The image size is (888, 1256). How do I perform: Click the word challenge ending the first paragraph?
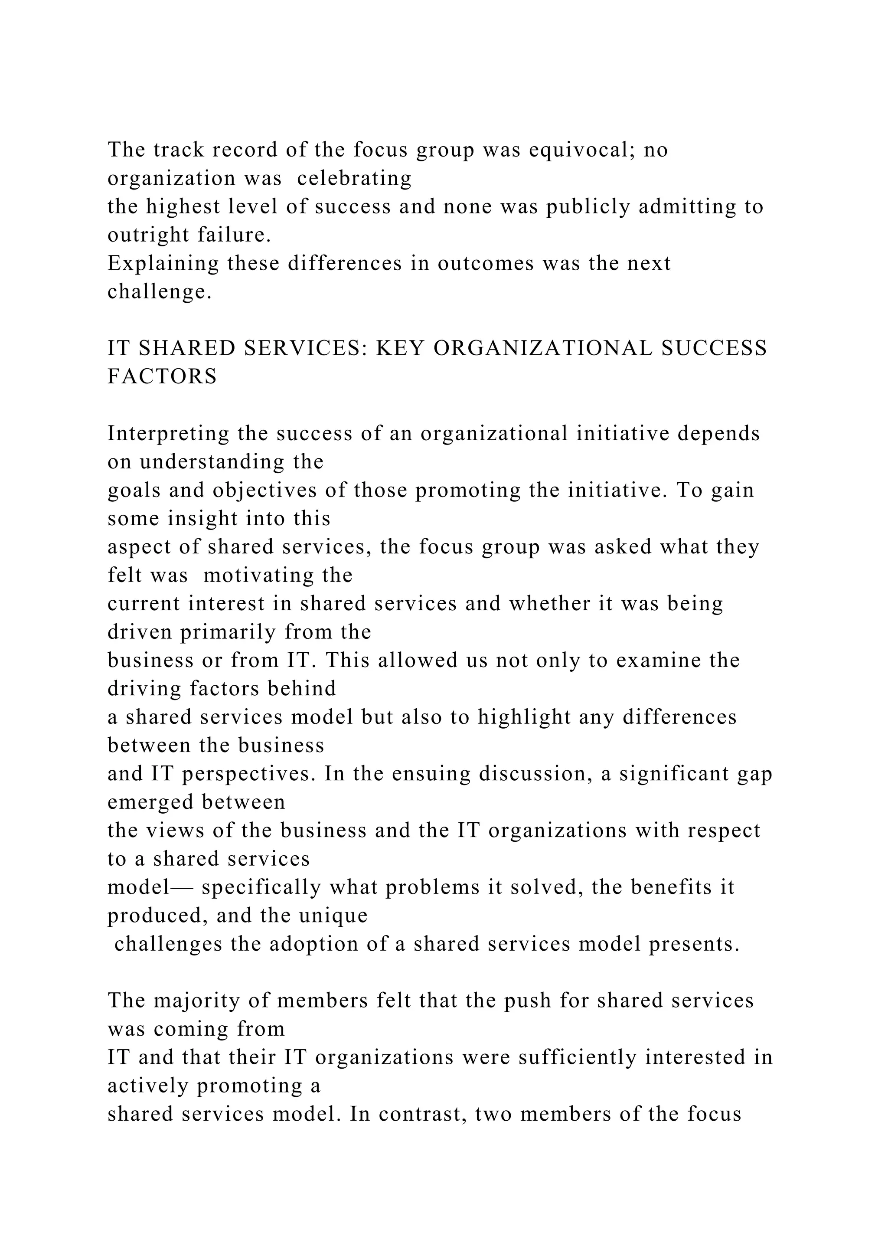pos(159,292)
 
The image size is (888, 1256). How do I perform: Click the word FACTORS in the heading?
pos(163,377)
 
